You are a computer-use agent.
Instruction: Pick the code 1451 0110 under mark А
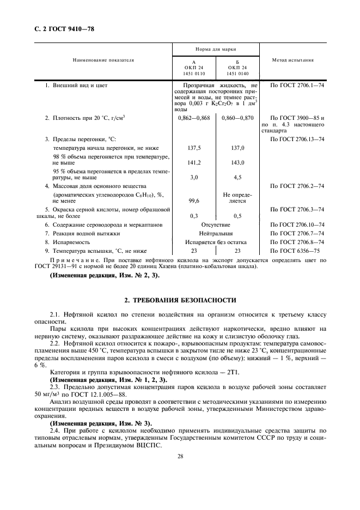tap(194, 72)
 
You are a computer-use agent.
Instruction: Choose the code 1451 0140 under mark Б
tap(237, 72)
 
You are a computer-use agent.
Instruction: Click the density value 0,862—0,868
tap(194, 118)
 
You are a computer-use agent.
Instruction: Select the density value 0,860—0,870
tap(237, 118)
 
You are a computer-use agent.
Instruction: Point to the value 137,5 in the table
tap(194, 148)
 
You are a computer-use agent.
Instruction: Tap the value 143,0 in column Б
tap(237, 162)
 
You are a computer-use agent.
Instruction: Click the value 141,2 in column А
tap(194, 162)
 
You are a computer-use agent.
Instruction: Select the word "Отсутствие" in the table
tap(216, 224)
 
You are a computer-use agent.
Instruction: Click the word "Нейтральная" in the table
tap(216, 233)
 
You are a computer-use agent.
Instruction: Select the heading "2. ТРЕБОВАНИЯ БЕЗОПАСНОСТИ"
tap(180, 300)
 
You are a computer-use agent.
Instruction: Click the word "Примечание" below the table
tap(72, 260)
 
